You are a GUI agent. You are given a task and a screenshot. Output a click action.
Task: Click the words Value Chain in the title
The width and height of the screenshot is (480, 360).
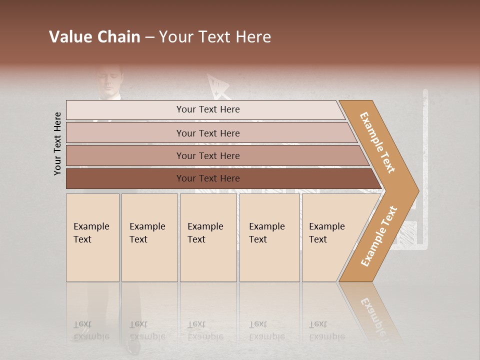94,37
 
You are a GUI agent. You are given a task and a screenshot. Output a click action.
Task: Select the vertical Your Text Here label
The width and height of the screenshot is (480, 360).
57,143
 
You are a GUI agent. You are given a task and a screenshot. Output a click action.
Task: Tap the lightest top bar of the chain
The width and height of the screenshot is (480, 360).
207,109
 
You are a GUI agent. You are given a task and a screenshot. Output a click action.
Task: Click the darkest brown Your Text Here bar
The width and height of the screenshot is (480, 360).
207,178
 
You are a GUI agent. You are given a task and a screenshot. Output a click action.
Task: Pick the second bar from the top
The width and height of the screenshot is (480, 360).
207,133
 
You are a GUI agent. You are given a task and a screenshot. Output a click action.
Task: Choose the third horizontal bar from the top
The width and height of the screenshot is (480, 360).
207,155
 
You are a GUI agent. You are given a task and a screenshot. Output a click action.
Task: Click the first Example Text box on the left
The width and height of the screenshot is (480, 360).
92,237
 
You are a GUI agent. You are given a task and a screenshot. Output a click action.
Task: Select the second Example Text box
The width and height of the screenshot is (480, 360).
149,237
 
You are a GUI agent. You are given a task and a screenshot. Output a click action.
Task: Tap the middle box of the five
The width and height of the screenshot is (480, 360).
208,237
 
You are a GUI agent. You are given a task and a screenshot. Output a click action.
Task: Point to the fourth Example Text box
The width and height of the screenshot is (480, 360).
269,237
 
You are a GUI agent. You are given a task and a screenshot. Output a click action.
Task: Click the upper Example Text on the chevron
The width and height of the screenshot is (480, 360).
377,142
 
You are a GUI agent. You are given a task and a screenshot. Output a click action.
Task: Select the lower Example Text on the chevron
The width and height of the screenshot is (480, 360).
378,236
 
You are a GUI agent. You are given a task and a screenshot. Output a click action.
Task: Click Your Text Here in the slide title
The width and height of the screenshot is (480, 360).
215,37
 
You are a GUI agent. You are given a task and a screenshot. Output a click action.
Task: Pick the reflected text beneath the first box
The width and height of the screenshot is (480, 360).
91,330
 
